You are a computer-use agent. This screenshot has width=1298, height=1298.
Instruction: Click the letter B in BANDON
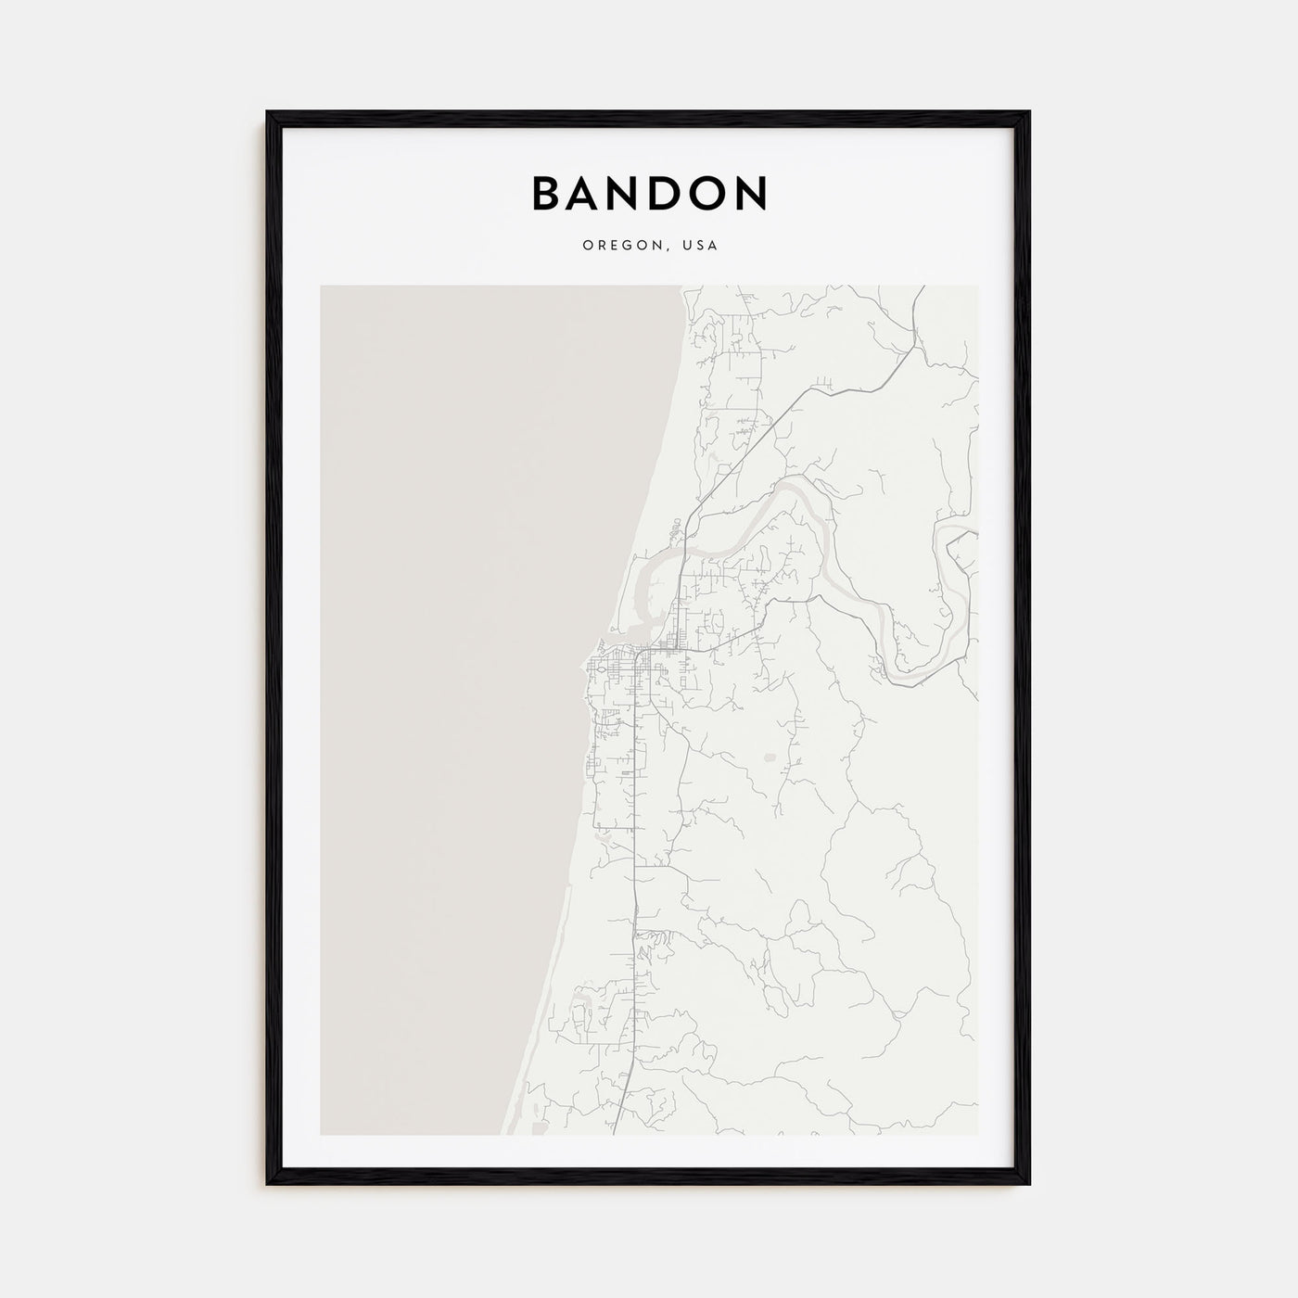[548, 193]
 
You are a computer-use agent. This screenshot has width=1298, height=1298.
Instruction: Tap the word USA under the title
[700, 246]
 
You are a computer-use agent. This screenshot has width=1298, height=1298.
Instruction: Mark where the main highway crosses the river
[683, 554]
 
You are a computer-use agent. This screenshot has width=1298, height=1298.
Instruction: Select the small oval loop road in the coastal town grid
[600, 668]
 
